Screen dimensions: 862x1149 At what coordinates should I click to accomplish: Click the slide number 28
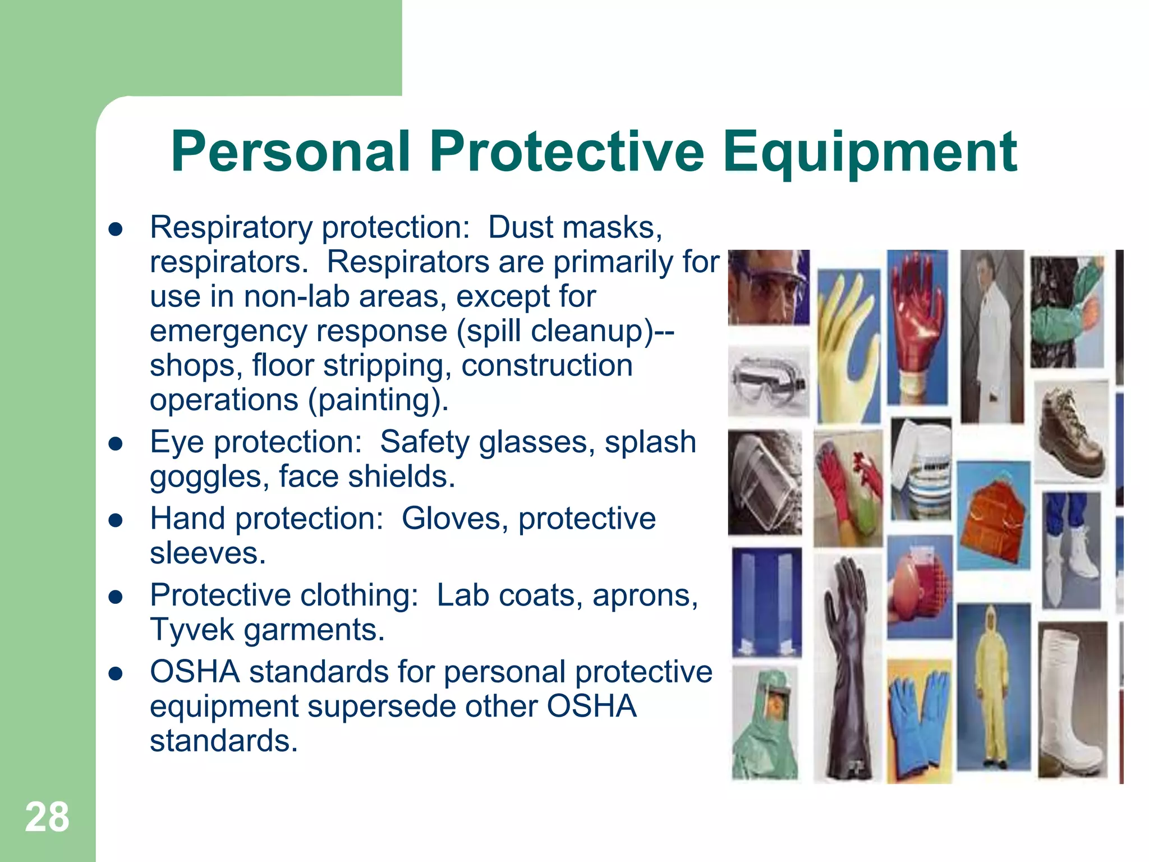coord(47,817)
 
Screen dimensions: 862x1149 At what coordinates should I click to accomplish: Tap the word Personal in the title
coord(290,151)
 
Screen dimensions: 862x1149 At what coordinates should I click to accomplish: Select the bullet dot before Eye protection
coord(116,444)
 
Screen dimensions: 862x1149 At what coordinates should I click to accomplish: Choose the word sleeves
coord(208,553)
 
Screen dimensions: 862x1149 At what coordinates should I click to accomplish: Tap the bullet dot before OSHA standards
coord(116,673)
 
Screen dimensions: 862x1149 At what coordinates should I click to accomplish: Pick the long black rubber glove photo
coord(847,668)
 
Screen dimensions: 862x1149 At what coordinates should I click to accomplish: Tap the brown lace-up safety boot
coord(1071,431)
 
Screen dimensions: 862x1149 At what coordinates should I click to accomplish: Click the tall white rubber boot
coord(1071,701)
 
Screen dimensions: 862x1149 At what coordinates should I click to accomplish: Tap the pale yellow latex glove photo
coord(847,345)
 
